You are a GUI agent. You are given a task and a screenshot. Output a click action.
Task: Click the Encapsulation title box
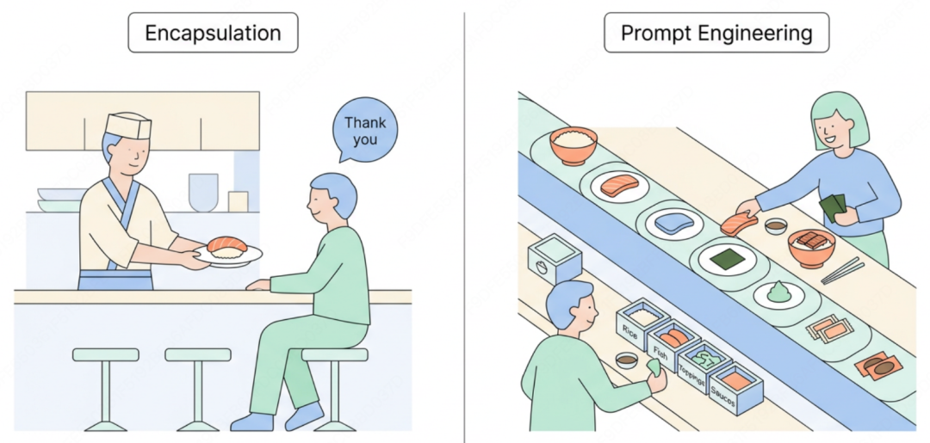coord(213,33)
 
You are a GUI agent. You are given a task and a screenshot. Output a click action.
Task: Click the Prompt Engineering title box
coord(716,33)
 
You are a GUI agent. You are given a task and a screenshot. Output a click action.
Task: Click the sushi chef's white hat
coord(128,126)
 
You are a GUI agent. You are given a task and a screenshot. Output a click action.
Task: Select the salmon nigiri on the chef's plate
coord(226,246)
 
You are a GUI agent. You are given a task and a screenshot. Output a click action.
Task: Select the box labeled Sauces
coord(735,389)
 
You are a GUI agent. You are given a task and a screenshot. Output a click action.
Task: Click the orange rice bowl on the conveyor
coord(573,145)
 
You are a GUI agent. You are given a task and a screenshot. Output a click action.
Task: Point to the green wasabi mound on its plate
coord(779,292)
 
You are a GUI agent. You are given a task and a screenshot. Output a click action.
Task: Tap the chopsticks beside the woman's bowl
coord(843,269)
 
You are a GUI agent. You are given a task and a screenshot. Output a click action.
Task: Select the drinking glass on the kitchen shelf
coord(203,192)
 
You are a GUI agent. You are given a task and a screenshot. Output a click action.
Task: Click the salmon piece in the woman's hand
coord(739,224)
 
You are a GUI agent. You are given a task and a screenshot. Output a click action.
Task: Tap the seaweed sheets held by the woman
coord(833,208)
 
